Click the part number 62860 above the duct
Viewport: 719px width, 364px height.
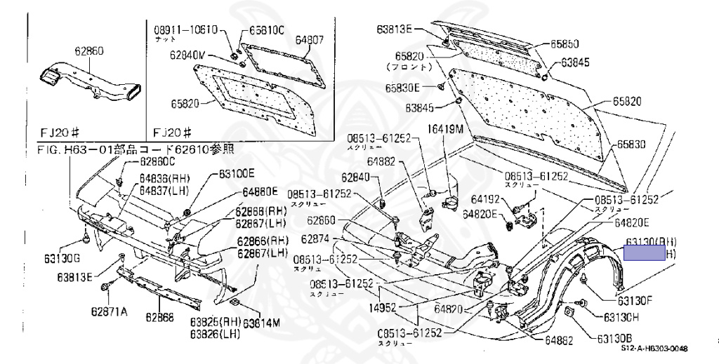pyautogui.click(x=89, y=50)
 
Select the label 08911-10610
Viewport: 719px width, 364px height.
pyautogui.click(x=186, y=29)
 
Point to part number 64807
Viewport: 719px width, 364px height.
pyautogui.click(x=309, y=41)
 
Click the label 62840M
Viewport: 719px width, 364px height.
pyautogui.click(x=187, y=54)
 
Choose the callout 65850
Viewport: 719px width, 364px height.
pyautogui.click(x=565, y=43)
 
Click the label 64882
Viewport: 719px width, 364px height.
pyautogui.click(x=381, y=161)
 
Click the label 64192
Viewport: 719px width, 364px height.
pyautogui.click(x=485, y=198)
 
